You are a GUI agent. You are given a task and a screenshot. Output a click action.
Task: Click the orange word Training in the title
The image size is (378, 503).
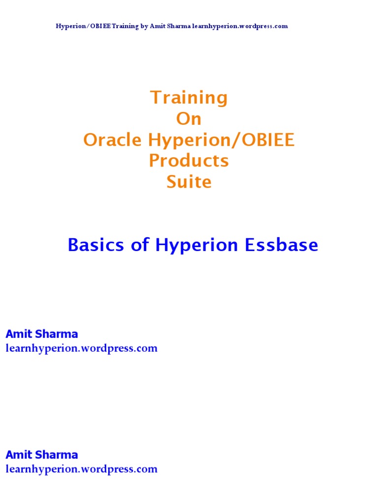pos(189,98)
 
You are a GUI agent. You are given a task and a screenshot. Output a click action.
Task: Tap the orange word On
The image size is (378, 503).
pos(189,119)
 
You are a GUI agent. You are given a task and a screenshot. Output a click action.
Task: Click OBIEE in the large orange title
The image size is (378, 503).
pos(267,140)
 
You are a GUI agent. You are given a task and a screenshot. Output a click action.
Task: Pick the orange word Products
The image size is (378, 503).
pos(189,161)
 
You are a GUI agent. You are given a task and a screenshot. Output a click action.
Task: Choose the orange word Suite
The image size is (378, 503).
pos(189,182)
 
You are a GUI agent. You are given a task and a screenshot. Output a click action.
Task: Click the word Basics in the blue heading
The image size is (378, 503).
pos(96,245)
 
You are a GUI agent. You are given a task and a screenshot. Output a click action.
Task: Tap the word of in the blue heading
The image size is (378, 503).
pos(140,245)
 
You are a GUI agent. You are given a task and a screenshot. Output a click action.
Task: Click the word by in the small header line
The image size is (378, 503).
pos(144,26)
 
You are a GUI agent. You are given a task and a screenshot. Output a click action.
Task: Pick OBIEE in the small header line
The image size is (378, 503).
pos(98,26)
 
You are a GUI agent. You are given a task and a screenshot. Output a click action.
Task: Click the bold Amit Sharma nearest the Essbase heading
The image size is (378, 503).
pos(42,334)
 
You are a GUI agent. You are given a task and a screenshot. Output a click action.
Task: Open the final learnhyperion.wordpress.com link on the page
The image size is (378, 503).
pos(82,469)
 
